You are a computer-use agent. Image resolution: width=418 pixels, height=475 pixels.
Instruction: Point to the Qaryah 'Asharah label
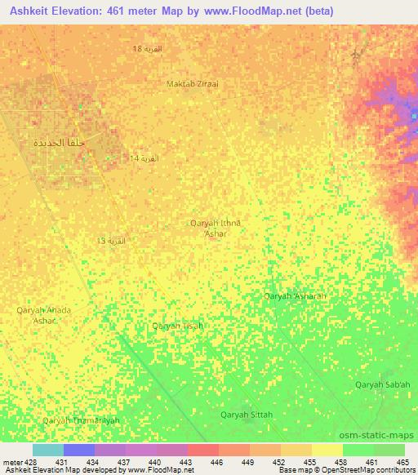pos(296,295)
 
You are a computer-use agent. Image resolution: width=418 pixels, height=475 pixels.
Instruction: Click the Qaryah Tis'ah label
pos(178,326)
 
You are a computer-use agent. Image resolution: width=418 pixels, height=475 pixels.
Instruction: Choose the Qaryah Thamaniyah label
pos(81,420)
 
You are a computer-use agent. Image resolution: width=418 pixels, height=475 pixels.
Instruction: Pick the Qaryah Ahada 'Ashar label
pos(44,315)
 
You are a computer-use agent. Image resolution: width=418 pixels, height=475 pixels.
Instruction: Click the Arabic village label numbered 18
pos(148,50)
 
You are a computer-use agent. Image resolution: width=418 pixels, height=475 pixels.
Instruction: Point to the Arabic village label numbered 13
pos(112,241)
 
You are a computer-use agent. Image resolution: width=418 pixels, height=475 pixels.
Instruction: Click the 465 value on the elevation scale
pos(402,463)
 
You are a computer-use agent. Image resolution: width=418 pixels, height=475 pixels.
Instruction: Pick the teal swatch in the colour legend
pos(47,450)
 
